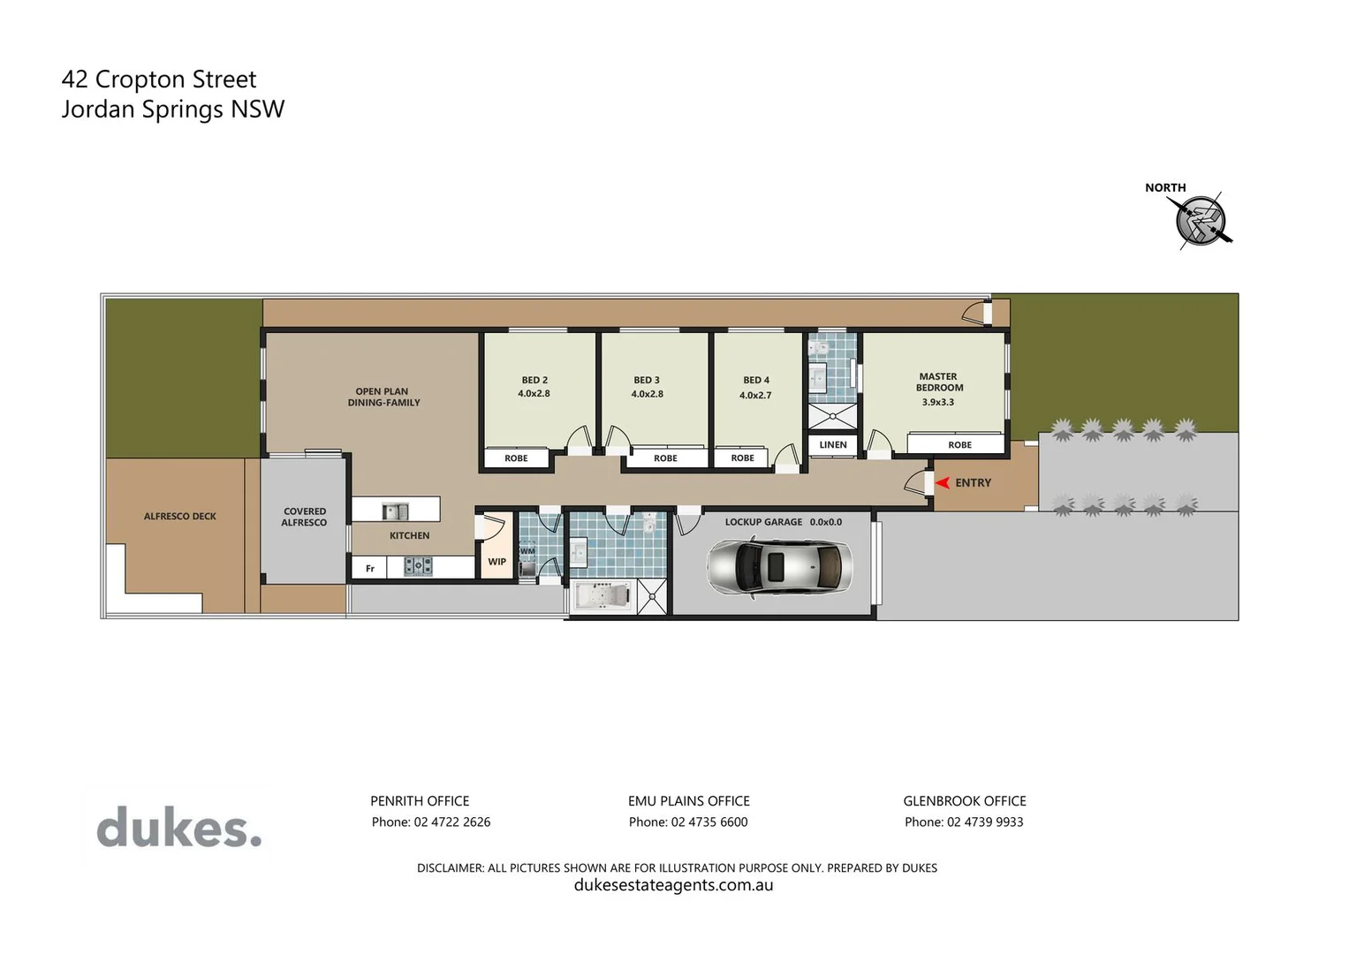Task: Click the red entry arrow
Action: pyautogui.click(x=943, y=482)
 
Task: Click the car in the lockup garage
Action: pyautogui.click(x=780, y=567)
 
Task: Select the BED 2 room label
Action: pyautogui.click(x=534, y=380)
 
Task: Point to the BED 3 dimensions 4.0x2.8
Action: pyautogui.click(x=647, y=394)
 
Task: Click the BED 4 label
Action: pyautogui.click(x=756, y=380)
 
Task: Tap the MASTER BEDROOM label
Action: pyautogui.click(x=939, y=382)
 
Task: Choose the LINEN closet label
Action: pyautogui.click(x=833, y=445)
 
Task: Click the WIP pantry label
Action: pyautogui.click(x=497, y=562)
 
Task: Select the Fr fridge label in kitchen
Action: pyautogui.click(x=370, y=569)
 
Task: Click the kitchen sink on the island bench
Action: pyautogui.click(x=395, y=511)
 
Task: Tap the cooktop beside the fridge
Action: pyautogui.click(x=418, y=566)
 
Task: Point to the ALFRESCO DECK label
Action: pyautogui.click(x=180, y=516)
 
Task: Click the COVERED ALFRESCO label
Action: pyautogui.click(x=304, y=517)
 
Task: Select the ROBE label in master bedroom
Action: pyautogui.click(x=959, y=445)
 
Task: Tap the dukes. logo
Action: pyautogui.click(x=179, y=828)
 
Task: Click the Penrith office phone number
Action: pyautogui.click(x=431, y=821)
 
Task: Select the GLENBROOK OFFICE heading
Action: pyautogui.click(x=964, y=801)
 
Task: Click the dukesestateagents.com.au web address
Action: pyautogui.click(x=673, y=885)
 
